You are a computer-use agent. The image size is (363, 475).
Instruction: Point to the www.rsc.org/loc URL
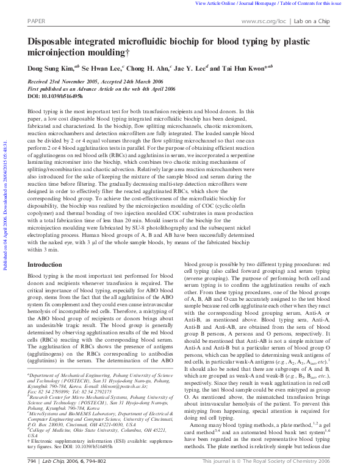pos(263,20)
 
